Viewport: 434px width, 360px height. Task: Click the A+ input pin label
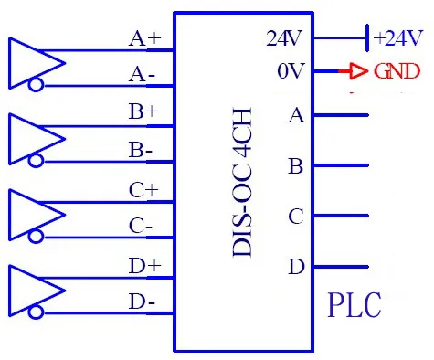pos(145,38)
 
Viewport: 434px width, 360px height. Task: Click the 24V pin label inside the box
pos(284,38)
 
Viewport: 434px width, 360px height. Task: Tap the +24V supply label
pos(399,37)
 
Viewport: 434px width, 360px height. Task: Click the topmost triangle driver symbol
pos(35,62)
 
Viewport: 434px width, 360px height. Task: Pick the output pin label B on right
pos(295,166)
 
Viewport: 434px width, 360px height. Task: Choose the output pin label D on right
pos(295,267)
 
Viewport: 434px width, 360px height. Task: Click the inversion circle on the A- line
pos(37,87)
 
